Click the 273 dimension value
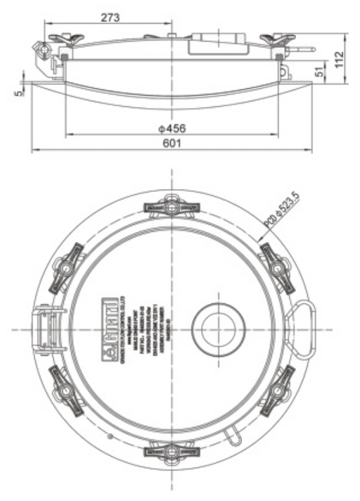(110, 17)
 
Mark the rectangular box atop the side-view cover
(217, 43)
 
